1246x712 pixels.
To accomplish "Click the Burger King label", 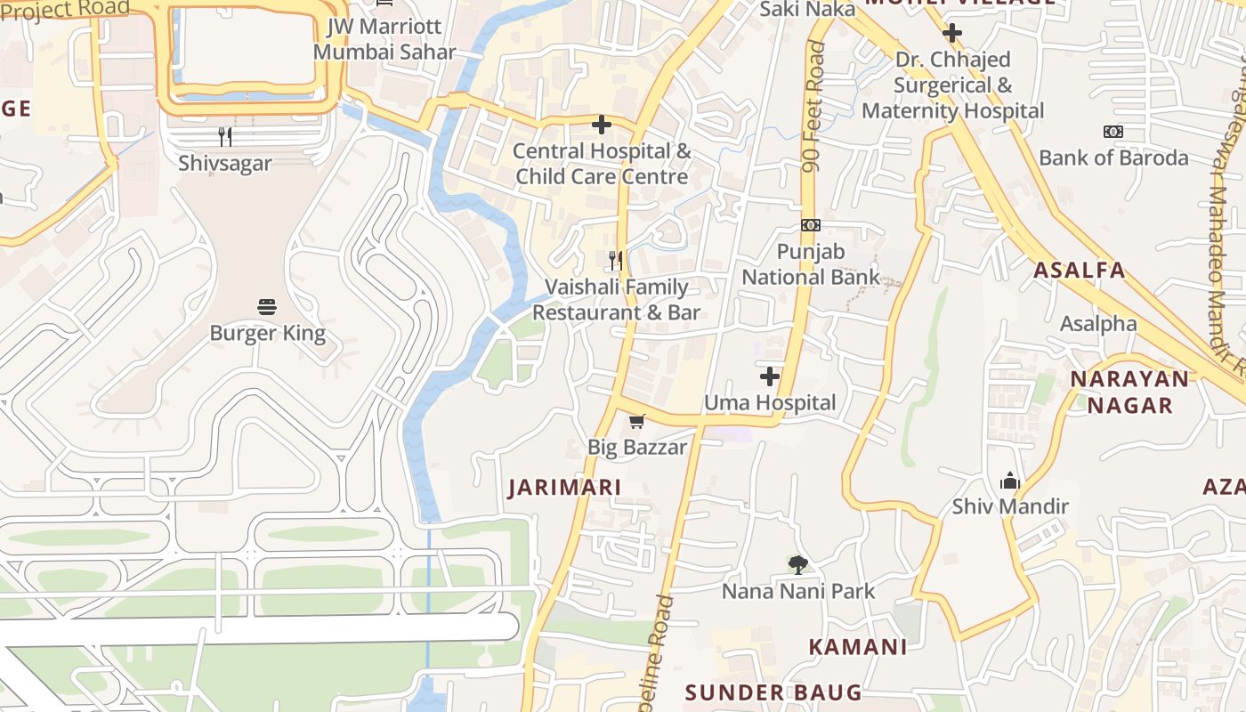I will click(267, 334).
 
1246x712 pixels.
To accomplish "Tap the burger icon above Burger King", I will click(267, 307).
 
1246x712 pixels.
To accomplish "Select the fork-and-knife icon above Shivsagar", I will click(225, 136).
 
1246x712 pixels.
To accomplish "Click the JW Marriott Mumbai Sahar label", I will click(384, 39).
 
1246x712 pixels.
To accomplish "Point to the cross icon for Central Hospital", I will click(602, 125).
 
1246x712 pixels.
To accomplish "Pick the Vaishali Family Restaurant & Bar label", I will click(616, 300).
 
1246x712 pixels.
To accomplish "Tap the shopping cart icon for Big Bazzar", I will click(636, 421).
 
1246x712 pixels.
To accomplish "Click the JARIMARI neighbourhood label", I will click(564, 488).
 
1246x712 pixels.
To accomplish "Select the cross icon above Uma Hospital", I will click(770, 376).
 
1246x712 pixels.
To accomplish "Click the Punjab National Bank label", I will click(811, 264).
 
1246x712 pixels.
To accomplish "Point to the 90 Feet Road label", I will click(813, 107).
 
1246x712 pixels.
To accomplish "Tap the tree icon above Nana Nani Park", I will click(798, 564).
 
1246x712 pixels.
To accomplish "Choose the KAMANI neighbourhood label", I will click(857, 647).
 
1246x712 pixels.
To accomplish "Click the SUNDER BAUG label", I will click(773, 692).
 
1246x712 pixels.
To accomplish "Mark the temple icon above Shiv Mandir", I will click(1009, 481).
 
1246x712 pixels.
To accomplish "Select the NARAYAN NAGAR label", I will click(1129, 392).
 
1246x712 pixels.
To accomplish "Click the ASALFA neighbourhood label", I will click(1080, 270).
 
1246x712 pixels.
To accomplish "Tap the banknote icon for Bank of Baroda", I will click(1112, 132).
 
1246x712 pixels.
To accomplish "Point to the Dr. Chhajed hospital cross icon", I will click(952, 34).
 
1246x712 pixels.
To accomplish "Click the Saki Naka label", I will click(807, 9).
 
